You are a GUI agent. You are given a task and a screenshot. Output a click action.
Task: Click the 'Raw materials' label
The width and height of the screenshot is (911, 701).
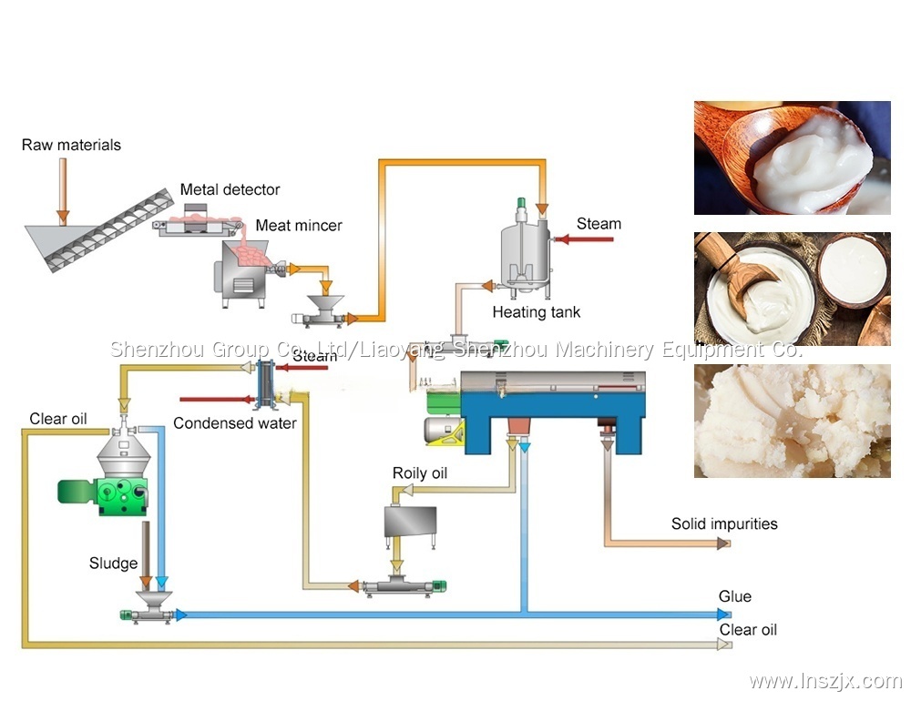[71, 145]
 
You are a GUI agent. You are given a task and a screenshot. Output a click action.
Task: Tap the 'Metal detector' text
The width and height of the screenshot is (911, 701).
[230, 189]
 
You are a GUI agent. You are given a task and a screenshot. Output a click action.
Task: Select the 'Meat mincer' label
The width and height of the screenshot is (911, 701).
[299, 225]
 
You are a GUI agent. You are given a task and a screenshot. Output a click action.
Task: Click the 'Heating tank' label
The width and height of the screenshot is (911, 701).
[537, 312]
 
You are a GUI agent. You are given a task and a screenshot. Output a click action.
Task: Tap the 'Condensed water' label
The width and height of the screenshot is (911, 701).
[234, 422]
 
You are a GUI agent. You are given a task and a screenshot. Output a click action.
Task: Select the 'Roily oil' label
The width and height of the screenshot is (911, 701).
[420, 472]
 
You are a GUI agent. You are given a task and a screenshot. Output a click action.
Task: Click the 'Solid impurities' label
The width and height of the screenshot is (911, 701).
[724, 523]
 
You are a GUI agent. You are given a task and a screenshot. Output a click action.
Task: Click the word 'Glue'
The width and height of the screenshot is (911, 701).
[735, 596]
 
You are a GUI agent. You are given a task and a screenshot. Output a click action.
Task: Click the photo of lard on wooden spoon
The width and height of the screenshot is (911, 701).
[792, 157]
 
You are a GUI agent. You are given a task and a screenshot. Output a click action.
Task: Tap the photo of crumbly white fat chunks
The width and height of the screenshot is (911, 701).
[792, 421]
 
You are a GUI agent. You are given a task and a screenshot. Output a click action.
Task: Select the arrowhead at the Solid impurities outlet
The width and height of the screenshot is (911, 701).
[723, 544]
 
